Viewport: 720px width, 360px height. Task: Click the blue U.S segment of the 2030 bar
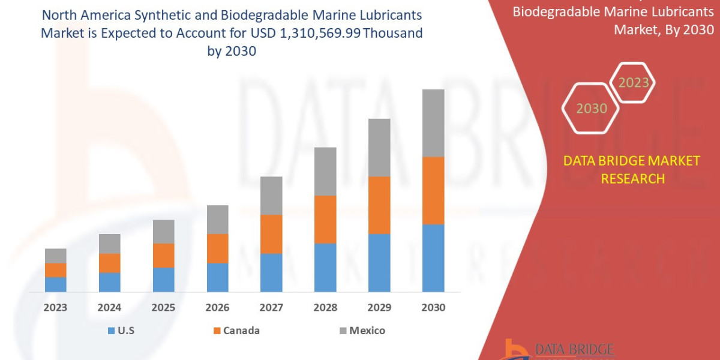[433, 258]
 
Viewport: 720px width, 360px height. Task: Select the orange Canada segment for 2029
[379, 205]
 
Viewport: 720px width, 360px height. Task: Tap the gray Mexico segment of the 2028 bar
[325, 172]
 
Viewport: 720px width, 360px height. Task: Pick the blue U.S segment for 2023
[56, 284]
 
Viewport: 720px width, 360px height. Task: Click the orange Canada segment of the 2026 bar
[218, 248]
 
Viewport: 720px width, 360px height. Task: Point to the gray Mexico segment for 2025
[164, 232]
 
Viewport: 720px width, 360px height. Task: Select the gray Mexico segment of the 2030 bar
[433, 123]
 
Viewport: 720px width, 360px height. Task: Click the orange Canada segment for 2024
[110, 263]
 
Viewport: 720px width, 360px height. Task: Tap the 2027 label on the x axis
[271, 307]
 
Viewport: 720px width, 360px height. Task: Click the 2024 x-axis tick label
[110, 307]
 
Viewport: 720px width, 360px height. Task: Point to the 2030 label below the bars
[433, 307]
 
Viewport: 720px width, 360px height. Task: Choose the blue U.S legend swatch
[111, 331]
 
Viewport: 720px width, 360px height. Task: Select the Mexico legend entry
[367, 331]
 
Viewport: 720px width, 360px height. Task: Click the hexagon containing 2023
[633, 83]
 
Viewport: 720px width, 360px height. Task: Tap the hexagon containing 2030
[592, 109]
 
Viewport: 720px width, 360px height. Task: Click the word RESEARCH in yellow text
[633, 179]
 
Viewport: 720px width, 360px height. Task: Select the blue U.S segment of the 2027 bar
[271, 272]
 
